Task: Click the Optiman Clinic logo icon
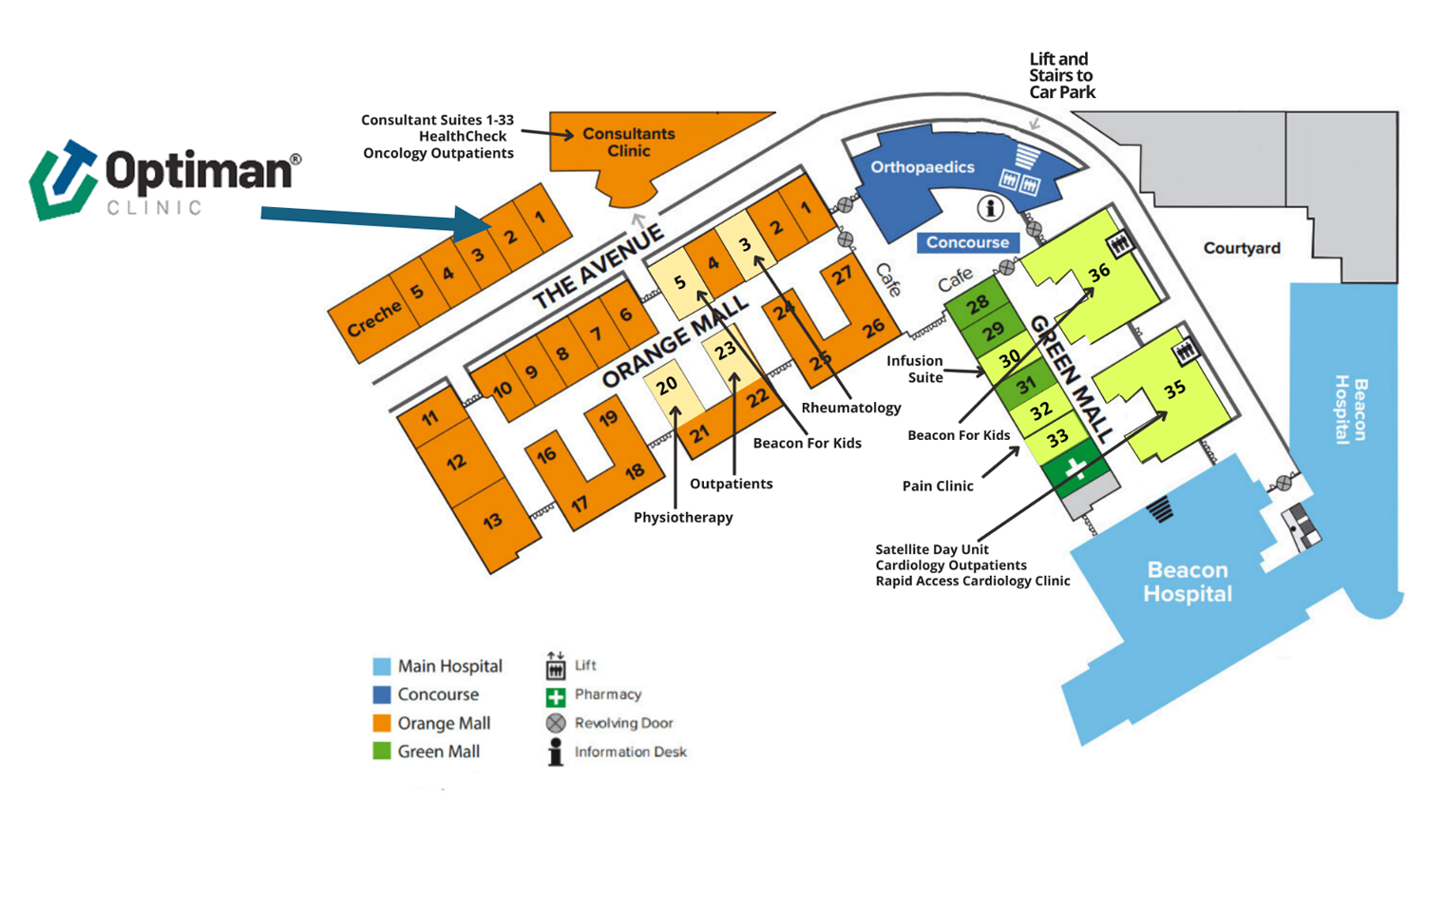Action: (x=64, y=181)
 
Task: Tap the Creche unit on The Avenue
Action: (x=373, y=320)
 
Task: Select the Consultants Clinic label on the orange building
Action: (x=628, y=143)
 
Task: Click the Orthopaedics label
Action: (x=922, y=167)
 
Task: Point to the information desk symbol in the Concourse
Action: (x=990, y=207)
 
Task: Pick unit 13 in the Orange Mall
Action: (x=492, y=521)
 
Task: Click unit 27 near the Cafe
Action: (x=842, y=276)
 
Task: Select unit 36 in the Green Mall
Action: (x=1099, y=273)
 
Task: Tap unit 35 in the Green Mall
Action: (x=1174, y=389)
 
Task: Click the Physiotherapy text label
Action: (x=683, y=518)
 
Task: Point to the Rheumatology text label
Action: (x=850, y=408)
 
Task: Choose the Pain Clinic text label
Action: (x=937, y=487)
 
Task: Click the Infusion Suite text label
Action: (x=915, y=369)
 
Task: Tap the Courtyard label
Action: (x=1242, y=249)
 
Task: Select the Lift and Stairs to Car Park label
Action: (x=1061, y=76)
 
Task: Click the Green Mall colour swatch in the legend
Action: (x=382, y=752)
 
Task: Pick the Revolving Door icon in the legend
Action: (x=556, y=723)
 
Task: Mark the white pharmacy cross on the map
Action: (x=1075, y=468)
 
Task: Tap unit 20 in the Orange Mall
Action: (x=666, y=386)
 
